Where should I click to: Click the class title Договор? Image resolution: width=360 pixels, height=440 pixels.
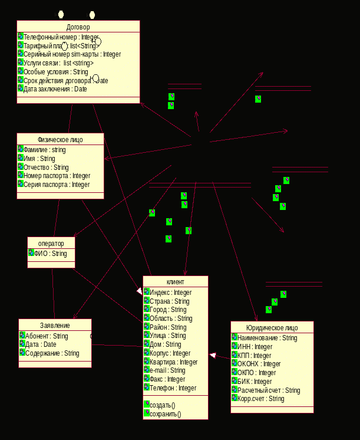[x=78, y=27]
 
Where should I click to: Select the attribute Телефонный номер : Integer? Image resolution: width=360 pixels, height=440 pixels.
[x=60, y=37]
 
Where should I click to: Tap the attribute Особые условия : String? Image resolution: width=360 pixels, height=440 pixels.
[x=55, y=72]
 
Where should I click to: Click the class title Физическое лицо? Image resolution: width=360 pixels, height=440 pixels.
[x=60, y=140]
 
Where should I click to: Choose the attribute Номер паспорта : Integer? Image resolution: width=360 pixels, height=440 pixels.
[x=57, y=176]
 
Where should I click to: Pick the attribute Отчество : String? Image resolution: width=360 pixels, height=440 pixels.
[x=46, y=168]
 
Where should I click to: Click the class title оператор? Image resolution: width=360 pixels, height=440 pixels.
[x=51, y=244]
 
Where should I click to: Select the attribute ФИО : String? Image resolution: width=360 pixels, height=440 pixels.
[x=51, y=254]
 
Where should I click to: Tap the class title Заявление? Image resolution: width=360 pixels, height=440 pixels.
[x=55, y=326]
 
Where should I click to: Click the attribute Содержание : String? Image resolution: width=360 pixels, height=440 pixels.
[x=52, y=353]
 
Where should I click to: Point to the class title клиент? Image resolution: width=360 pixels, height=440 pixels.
[x=176, y=283]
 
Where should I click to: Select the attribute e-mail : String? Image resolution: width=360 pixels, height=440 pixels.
[x=167, y=370]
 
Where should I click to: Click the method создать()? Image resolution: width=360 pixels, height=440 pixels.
[x=163, y=405]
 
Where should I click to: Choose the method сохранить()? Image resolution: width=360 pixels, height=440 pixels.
[x=166, y=414]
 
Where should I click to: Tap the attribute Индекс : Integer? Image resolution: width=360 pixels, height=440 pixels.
[x=171, y=293]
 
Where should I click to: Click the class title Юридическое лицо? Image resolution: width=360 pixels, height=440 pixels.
[x=272, y=328]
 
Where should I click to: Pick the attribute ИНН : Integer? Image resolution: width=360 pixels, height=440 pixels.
[x=255, y=347]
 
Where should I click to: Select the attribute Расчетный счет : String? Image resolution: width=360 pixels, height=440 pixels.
[x=269, y=390]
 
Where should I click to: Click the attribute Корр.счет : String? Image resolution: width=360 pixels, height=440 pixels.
[x=260, y=399]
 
